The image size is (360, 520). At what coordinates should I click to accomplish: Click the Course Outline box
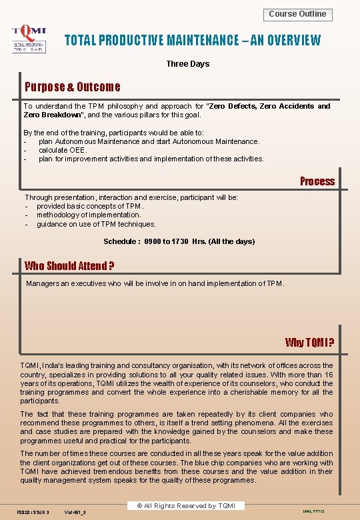297,14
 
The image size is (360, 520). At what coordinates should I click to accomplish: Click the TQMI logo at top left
29,39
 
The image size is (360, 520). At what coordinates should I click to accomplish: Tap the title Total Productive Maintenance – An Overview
192,40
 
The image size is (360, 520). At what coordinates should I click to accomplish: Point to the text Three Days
187,64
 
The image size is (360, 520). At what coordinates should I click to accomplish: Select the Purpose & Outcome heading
72,87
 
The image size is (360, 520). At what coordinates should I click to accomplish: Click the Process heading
317,181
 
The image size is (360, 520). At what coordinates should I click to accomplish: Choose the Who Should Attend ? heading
69,266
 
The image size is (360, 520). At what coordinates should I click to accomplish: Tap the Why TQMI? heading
309,343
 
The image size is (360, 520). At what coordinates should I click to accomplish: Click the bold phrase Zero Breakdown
51,115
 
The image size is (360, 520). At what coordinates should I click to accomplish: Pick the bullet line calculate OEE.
63,150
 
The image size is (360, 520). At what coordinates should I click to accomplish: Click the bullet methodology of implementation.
89,215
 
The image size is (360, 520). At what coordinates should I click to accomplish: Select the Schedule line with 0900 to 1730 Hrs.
179,241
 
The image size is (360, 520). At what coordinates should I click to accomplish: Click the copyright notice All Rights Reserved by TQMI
185,506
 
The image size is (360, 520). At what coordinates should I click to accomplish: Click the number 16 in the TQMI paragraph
328,375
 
